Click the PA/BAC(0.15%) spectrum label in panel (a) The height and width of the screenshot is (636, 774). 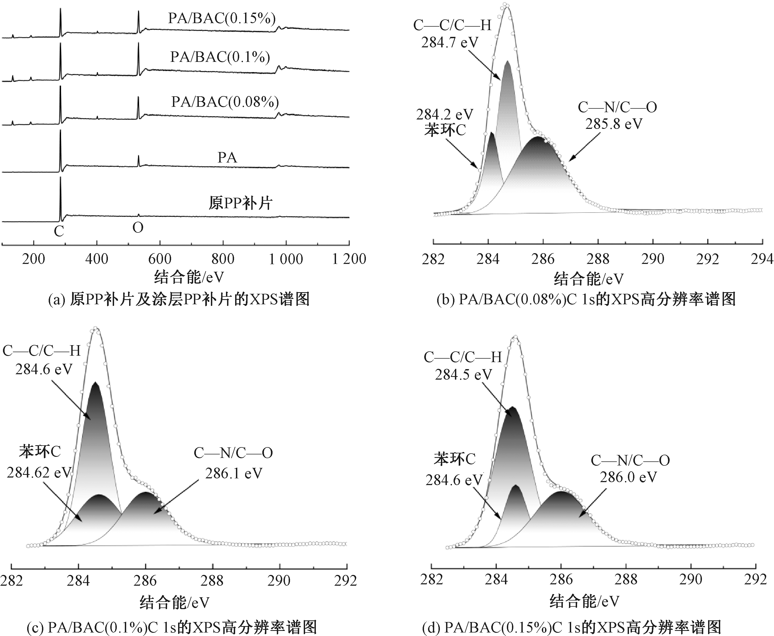(x=222, y=18)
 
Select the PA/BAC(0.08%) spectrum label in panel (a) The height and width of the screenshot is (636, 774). (x=225, y=101)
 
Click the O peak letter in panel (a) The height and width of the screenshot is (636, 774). (x=138, y=228)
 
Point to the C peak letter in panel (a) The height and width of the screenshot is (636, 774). (x=59, y=231)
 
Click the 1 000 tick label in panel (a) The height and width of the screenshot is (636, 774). (x=286, y=259)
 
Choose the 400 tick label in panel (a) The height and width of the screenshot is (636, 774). (x=97, y=259)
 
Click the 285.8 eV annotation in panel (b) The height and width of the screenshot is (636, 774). (x=614, y=124)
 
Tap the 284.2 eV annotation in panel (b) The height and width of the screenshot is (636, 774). (x=445, y=115)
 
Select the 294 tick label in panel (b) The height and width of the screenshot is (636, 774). (x=762, y=259)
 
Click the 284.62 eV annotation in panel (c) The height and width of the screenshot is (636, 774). (x=39, y=473)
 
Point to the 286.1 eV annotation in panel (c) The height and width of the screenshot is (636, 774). (x=234, y=474)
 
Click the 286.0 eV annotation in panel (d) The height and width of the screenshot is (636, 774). (x=628, y=477)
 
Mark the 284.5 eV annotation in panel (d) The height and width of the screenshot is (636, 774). (x=463, y=374)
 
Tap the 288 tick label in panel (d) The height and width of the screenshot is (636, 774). (x=626, y=580)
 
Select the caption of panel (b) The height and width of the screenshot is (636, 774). (x=586, y=299)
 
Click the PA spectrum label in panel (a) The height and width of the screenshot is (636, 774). (x=227, y=158)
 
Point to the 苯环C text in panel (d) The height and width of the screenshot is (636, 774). (x=455, y=459)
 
